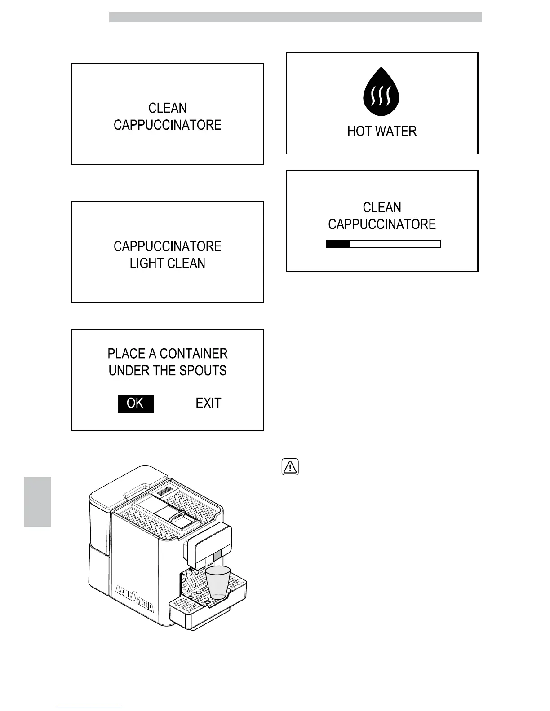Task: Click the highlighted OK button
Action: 135,404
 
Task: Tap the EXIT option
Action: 208,403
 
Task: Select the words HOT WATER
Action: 382,132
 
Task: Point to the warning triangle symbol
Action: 290,467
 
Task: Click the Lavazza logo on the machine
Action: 135,599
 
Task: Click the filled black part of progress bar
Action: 338,244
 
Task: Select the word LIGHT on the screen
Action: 145,263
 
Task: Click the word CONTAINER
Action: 194,354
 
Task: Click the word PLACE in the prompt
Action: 126,354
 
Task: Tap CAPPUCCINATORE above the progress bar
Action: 382,224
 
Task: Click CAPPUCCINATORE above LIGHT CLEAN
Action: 168,246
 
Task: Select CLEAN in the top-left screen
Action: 168,108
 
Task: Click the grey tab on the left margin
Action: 38,502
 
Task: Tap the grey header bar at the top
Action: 295,17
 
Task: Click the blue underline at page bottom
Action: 89,707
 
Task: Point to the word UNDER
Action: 127,371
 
